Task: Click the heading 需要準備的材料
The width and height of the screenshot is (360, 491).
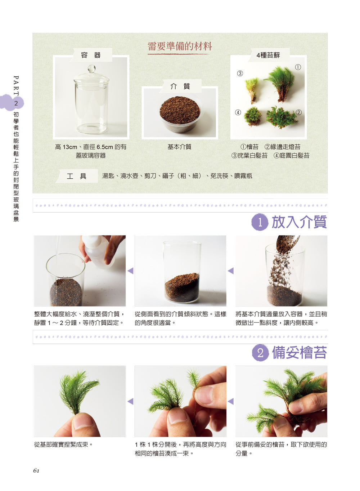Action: pyautogui.click(x=179, y=46)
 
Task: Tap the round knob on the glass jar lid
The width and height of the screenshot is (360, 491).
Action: pyautogui.click(x=91, y=69)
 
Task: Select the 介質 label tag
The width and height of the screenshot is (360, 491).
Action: pyautogui.click(x=180, y=86)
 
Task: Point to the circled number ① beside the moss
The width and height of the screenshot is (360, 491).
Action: pyautogui.click(x=298, y=67)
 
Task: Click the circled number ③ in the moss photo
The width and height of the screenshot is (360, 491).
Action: pyautogui.click(x=240, y=73)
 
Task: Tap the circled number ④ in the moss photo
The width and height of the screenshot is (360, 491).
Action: pyautogui.click(x=238, y=112)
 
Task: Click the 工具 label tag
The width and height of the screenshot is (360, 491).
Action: pyautogui.click(x=76, y=176)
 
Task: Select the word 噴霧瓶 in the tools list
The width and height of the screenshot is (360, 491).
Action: pyautogui.click(x=243, y=176)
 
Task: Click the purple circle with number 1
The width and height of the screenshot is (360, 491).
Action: pyautogui.click(x=260, y=222)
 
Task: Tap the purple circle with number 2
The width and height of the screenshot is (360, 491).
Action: pyautogui.click(x=260, y=353)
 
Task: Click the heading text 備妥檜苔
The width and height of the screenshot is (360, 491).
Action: pyautogui.click(x=299, y=353)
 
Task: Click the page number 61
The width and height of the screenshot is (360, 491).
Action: pyautogui.click(x=36, y=471)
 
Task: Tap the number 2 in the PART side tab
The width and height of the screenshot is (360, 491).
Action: pyautogui.click(x=16, y=103)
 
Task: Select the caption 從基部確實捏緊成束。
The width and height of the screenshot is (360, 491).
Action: pyautogui.click(x=64, y=445)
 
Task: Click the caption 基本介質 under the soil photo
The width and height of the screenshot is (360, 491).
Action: pyautogui.click(x=179, y=147)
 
